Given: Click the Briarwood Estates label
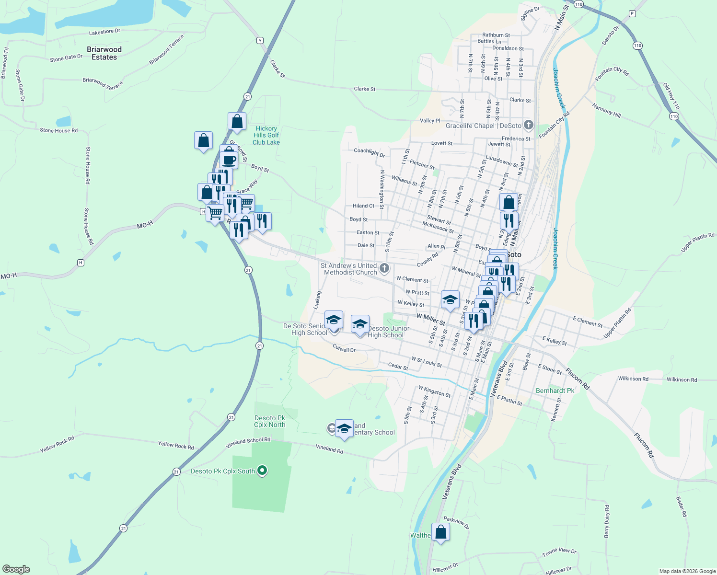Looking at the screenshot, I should (104, 53).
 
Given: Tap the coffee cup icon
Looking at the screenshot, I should (229, 160).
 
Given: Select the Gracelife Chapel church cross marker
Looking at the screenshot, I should (529, 126).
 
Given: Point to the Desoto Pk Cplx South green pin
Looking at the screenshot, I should (262, 471).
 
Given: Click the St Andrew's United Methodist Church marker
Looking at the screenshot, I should (384, 268).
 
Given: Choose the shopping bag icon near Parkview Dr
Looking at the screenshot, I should (440, 532).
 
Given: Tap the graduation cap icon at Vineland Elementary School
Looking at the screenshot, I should (344, 428).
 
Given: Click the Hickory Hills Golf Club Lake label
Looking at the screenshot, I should (266, 136).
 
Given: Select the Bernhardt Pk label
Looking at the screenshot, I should (555, 391).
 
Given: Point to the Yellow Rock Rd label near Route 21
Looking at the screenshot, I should (176, 446).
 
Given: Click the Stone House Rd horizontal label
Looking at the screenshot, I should (58, 130).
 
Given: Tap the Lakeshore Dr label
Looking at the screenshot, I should (104, 32).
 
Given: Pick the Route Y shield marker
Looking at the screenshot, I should (260, 40).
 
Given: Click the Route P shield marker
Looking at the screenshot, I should (632, 13).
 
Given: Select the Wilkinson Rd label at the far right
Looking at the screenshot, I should (682, 379).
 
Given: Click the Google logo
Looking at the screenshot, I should (16, 569).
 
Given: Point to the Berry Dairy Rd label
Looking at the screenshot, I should (607, 521).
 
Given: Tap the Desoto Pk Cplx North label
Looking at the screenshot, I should (270, 421).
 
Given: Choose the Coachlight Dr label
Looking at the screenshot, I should (369, 152).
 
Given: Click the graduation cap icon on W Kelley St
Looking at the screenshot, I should (450, 300).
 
